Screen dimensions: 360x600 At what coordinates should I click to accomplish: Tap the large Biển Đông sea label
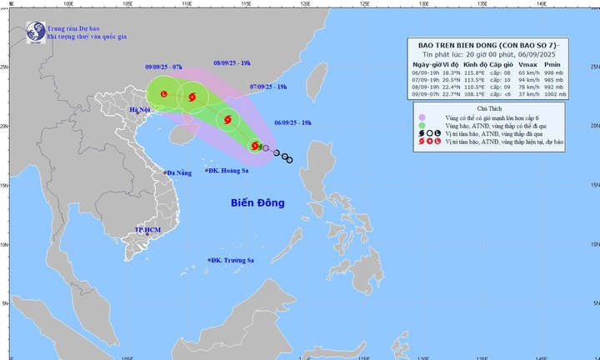tap(257, 202)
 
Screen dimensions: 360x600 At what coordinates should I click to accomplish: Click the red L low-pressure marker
tap(163, 94)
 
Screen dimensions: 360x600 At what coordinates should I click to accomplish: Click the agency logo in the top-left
tap(36, 32)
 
